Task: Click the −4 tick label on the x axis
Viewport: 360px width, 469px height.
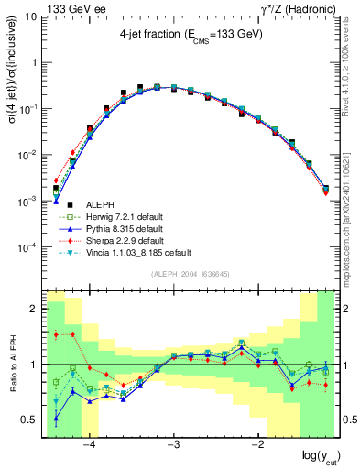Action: [89, 446]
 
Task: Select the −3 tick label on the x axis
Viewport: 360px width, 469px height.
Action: [173, 446]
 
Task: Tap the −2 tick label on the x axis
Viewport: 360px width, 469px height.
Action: [257, 446]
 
